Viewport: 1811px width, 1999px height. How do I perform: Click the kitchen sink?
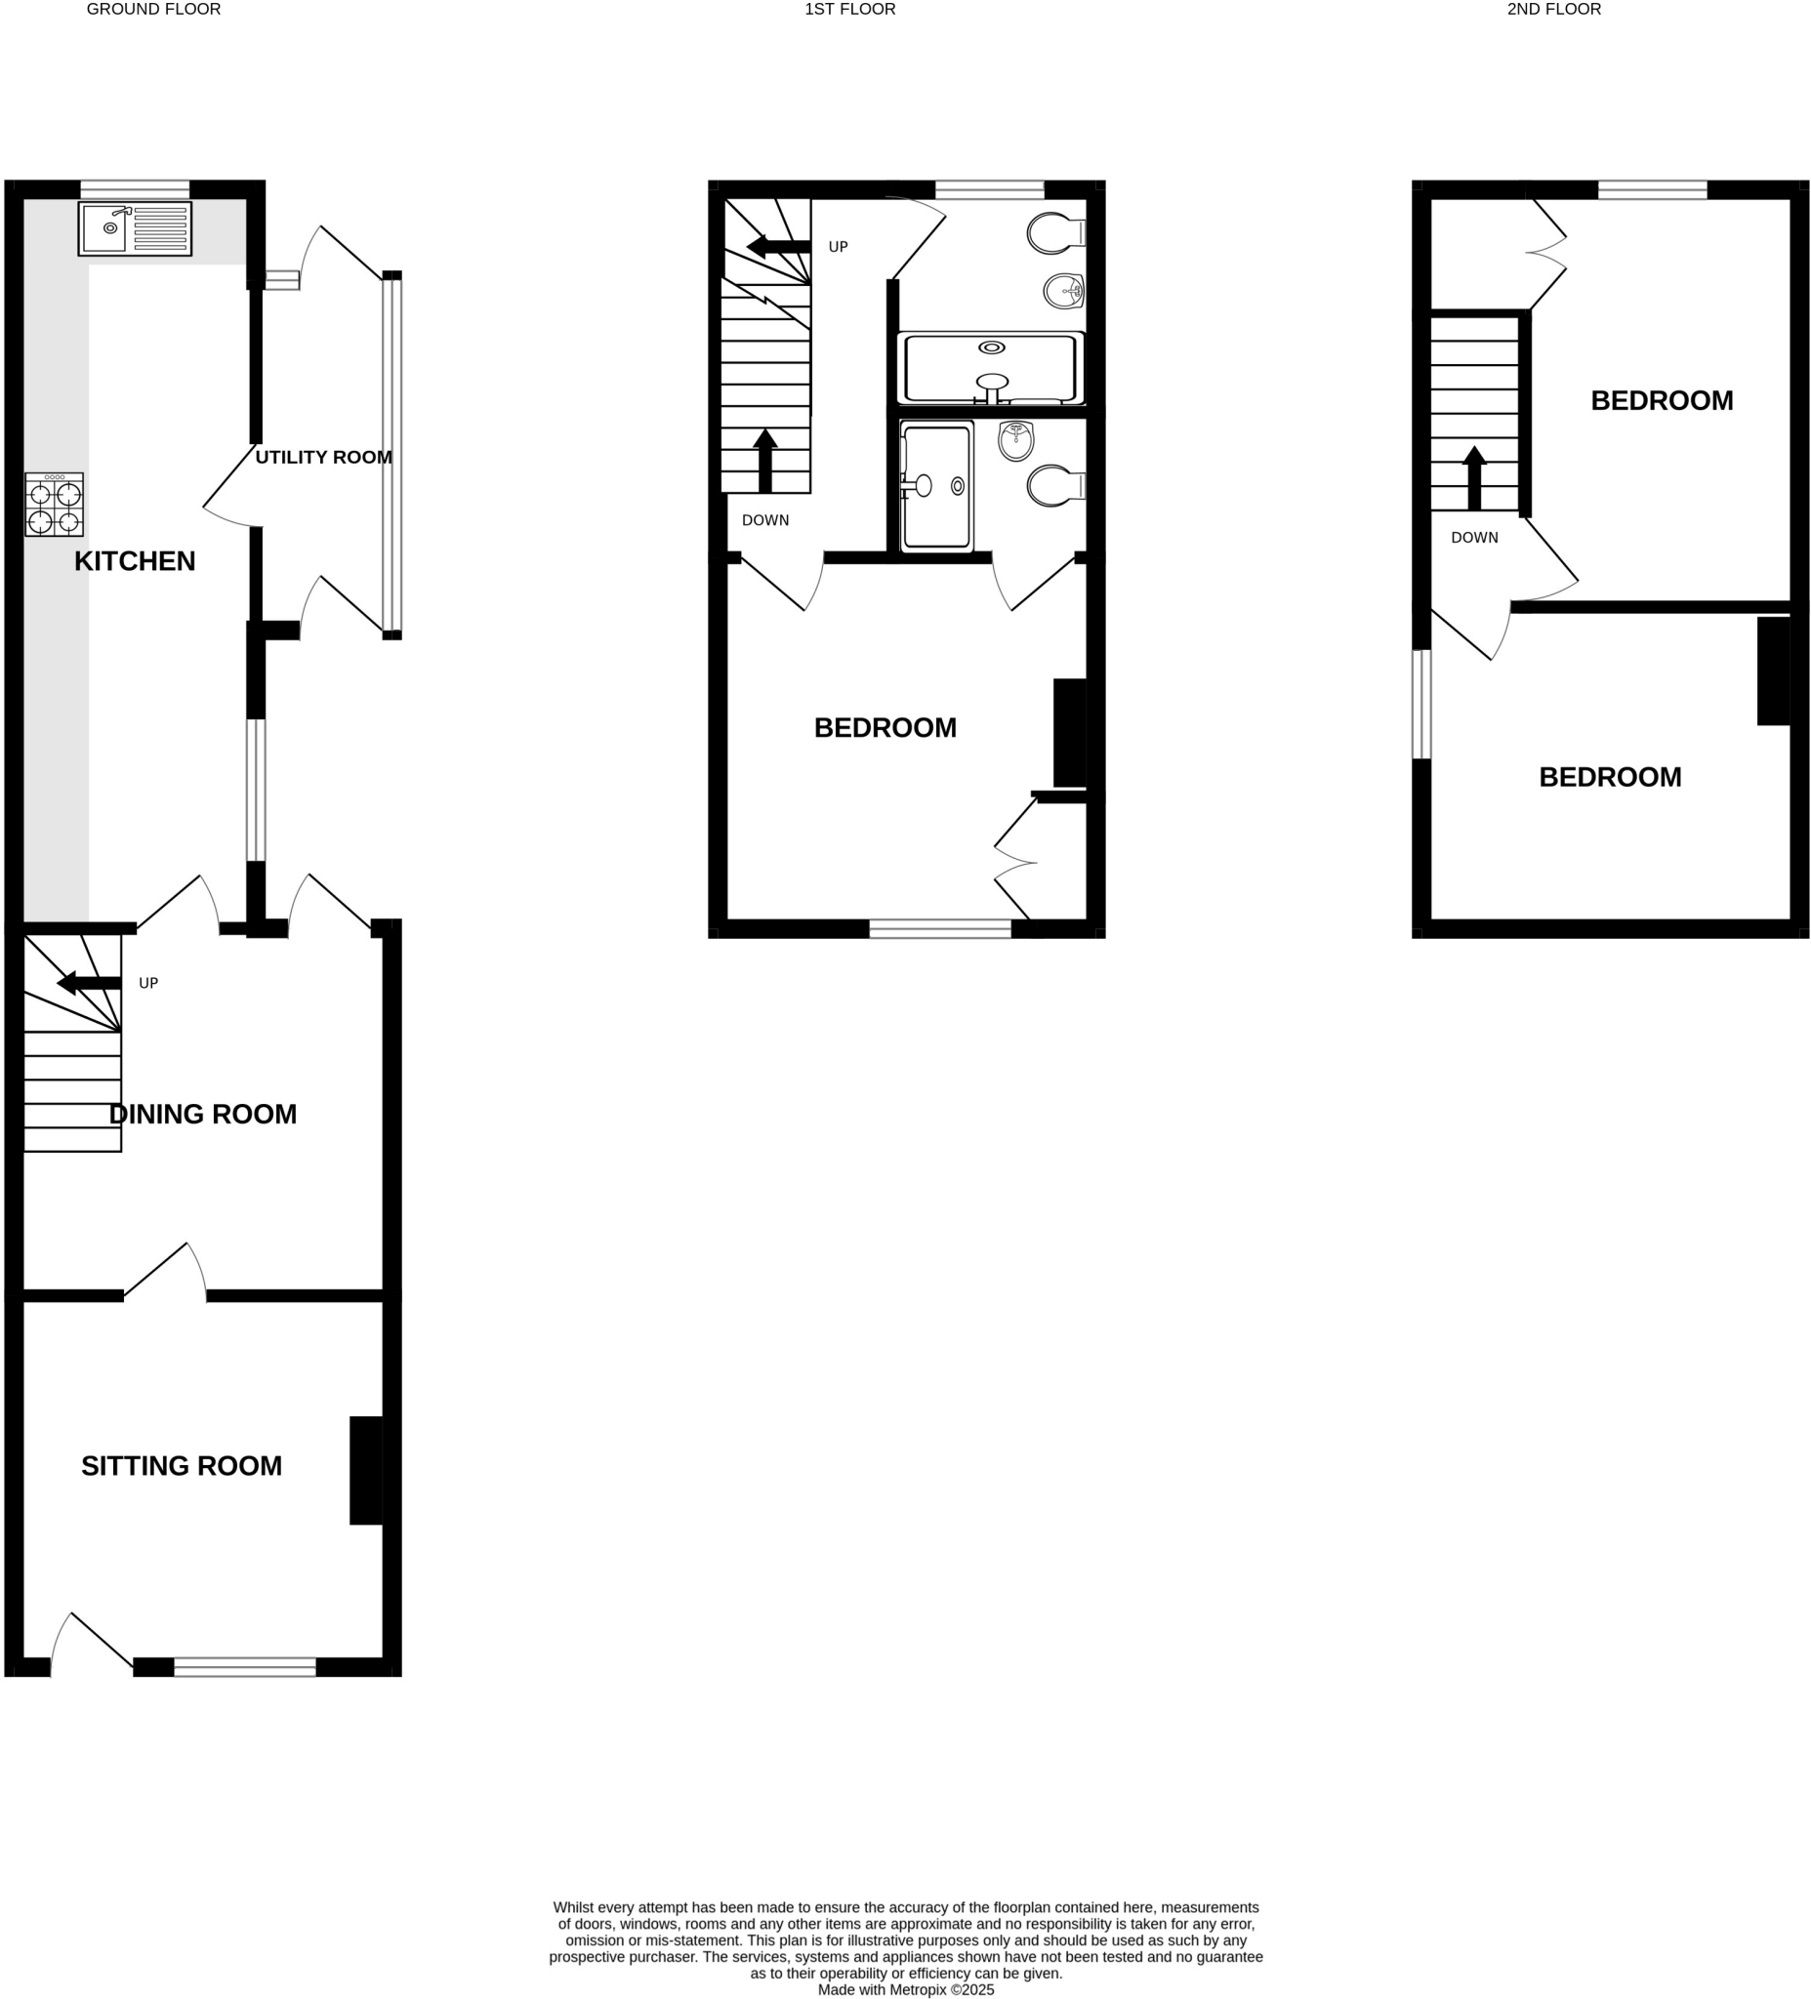[135, 229]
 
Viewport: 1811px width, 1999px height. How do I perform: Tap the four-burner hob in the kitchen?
[55, 505]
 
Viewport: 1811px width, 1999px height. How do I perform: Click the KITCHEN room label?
[135, 561]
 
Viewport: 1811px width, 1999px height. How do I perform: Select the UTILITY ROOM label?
[323, 457]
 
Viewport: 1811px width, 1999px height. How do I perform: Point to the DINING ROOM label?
[202, 1115]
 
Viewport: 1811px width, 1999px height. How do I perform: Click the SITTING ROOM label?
[182, 1465]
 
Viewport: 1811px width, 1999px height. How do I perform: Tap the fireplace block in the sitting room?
[366, 1471]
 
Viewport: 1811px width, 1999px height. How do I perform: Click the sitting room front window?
[245, 1668]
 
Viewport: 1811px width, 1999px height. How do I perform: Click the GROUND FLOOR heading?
[153, 10]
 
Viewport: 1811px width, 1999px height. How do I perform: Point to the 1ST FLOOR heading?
[850, 10]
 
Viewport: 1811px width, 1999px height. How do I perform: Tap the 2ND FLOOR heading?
[1554, 10]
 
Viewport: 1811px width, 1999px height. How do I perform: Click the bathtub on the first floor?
[991, 369]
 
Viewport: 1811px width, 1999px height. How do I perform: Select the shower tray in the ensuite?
[936, 486]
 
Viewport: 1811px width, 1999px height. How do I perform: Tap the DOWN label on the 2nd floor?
[1474, 538]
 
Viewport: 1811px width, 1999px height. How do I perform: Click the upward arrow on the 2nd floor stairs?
[1475, 479]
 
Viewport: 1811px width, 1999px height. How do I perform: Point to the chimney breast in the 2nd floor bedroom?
[1773, 672]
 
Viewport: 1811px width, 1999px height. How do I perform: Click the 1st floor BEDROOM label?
[885, 728]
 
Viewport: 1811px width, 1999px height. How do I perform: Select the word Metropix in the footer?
[919, 1989]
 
